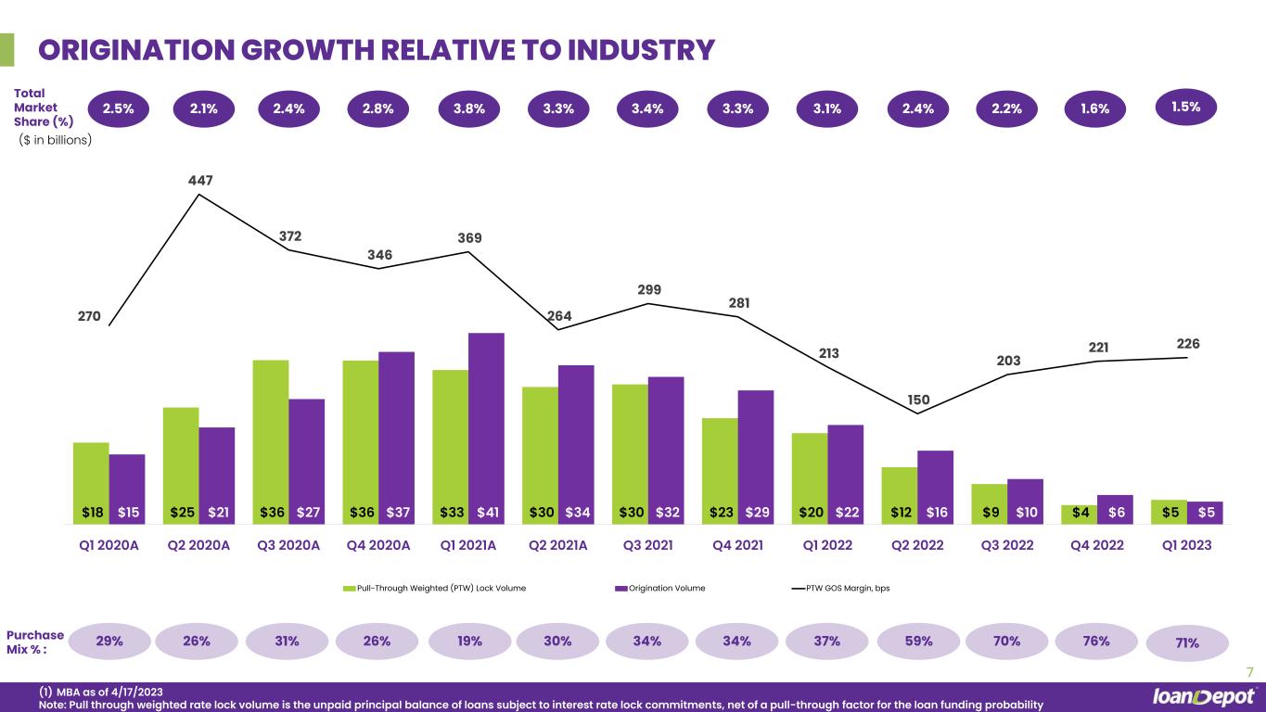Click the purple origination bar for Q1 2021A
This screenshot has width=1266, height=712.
pyautogui.click(x=487, y=417)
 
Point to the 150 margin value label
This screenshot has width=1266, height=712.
pyautogui.click(x=918, y=400)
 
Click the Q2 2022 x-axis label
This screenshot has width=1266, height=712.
pyautogui.click(x=916, y=545)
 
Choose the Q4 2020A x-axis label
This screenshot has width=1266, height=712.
pyautogui.click(x=378, y=545)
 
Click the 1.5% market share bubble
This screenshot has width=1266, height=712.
pyautogui.click(x=1186, y=107)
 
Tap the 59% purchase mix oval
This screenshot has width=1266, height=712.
pyautogui.click(x=916, y=641)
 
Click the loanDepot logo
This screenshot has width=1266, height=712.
pyautogui.click(x=1203, y=696)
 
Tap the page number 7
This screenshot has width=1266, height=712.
pyautogui.click(x=1249, y=672)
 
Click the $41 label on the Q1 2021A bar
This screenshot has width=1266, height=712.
pyautogui.click(x=487, y=511)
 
